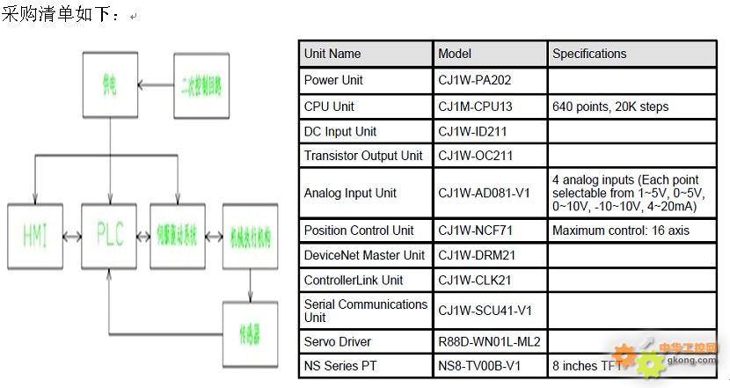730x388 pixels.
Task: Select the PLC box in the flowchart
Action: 110,234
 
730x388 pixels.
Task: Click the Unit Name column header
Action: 332,54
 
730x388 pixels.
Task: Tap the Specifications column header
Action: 589,54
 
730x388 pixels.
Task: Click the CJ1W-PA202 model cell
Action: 475,80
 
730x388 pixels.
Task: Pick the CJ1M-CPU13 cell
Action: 475,106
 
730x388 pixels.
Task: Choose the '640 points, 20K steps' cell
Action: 610,106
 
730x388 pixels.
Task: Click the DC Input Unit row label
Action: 340,131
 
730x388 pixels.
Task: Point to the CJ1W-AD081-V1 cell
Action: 484,193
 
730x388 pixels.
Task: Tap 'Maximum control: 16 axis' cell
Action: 621,231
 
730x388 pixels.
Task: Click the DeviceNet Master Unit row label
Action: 364,255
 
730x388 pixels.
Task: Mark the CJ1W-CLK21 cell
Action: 474,280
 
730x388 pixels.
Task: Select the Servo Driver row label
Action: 338,341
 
